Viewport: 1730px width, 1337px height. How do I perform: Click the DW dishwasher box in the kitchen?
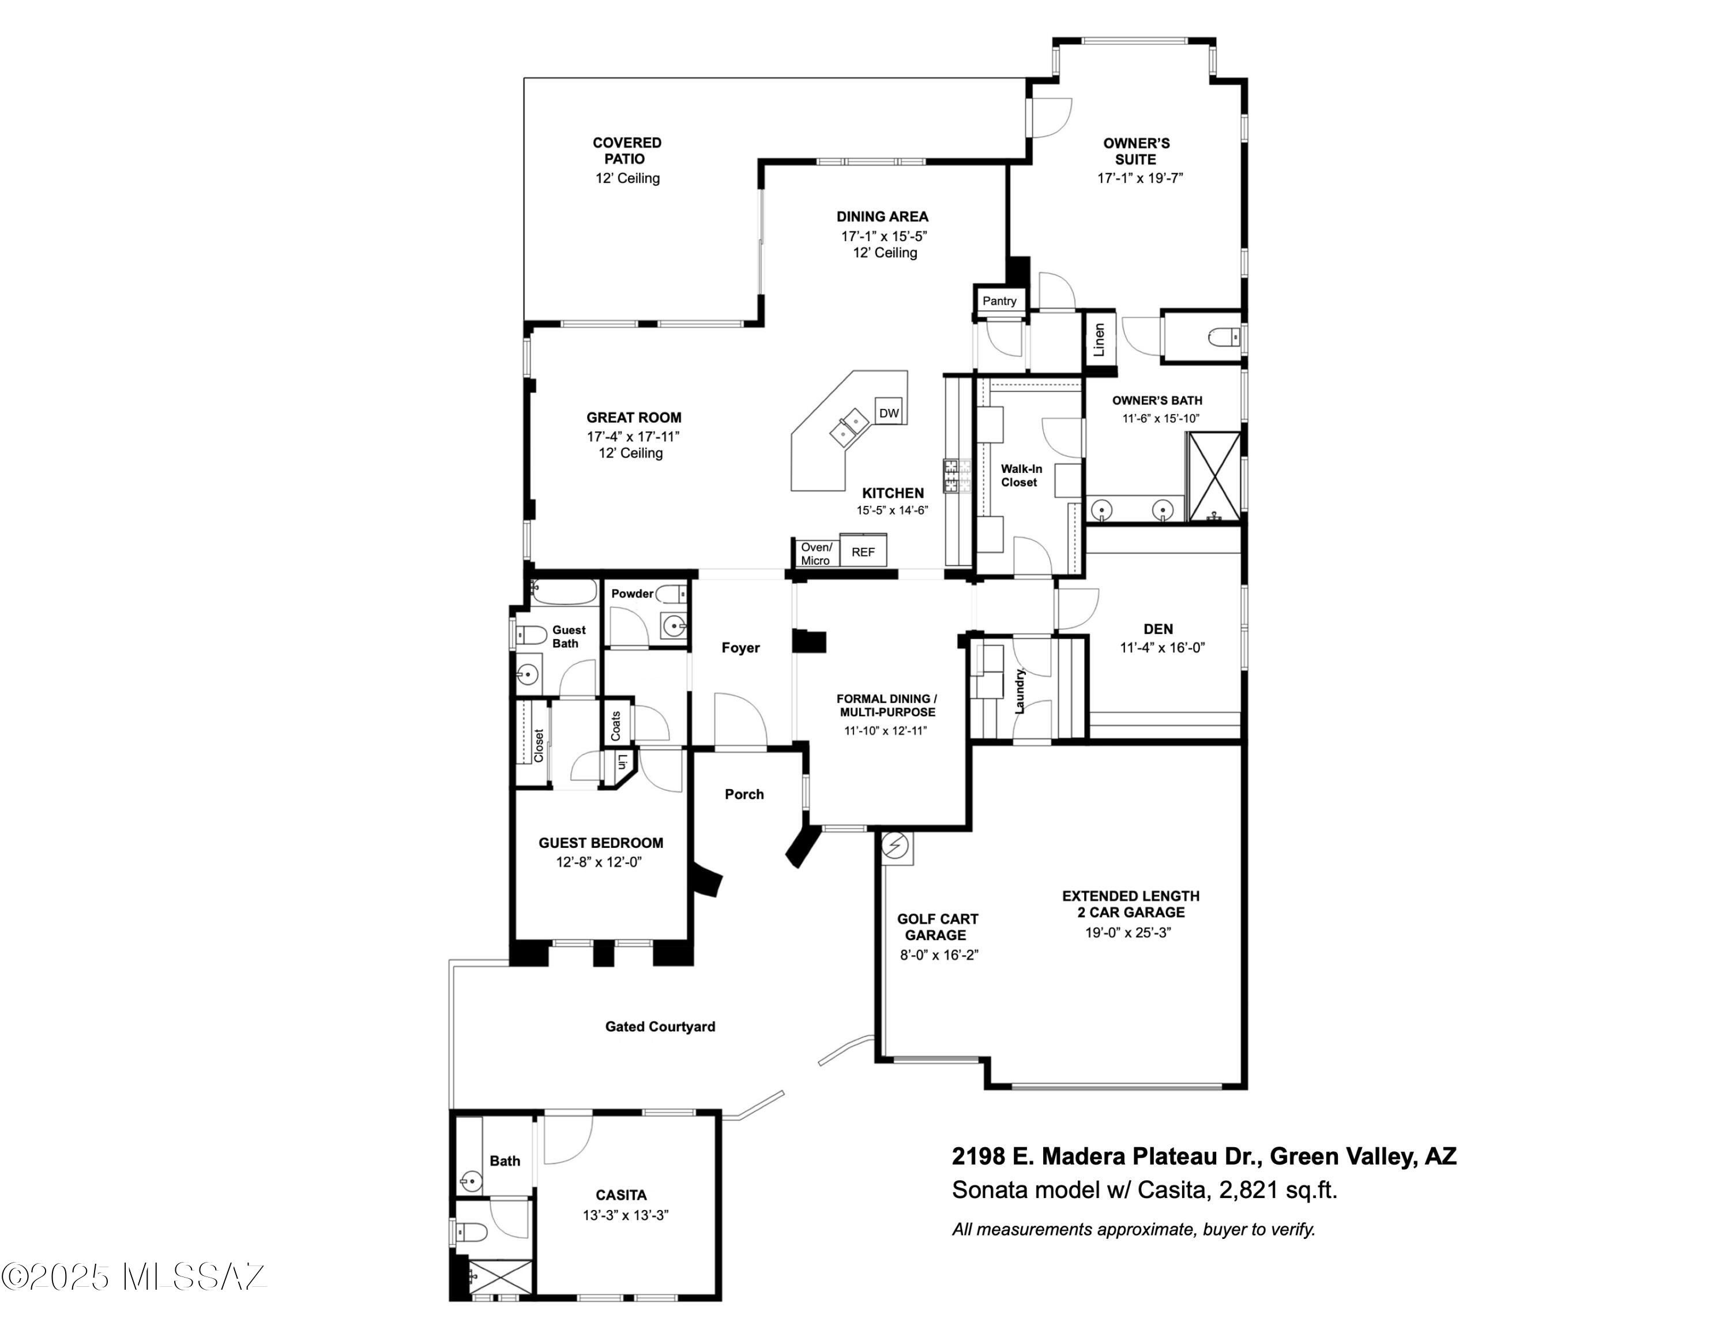[889, 412]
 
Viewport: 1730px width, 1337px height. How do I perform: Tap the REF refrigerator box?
[863, 552]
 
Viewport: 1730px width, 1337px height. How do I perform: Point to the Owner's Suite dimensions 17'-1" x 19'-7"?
[1139, 178]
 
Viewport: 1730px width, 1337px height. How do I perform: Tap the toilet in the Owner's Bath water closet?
[1224, 338]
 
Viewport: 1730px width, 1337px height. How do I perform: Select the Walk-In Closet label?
[1020, 475]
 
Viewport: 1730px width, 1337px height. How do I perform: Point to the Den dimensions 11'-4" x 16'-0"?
[1161, 648]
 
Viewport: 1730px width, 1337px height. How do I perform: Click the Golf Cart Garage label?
[937, 927]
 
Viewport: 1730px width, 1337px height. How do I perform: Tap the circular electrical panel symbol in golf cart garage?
[896, 847]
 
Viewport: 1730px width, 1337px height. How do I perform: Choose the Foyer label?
[740, 648]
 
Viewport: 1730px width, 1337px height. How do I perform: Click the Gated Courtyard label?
[660, 1027]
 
